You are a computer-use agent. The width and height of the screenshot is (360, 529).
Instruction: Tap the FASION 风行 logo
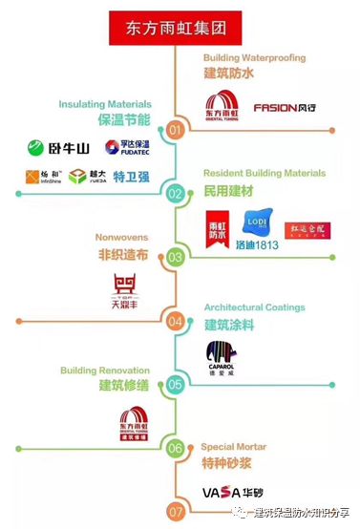tap(286, 108)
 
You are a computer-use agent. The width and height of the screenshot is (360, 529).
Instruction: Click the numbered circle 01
tap(175, 129)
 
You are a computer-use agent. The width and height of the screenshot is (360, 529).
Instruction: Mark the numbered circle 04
tap(175, 321)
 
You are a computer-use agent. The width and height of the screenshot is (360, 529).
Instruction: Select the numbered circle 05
tap(175, 385)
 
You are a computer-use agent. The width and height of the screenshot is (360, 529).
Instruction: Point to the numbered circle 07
tap(175, 511)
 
